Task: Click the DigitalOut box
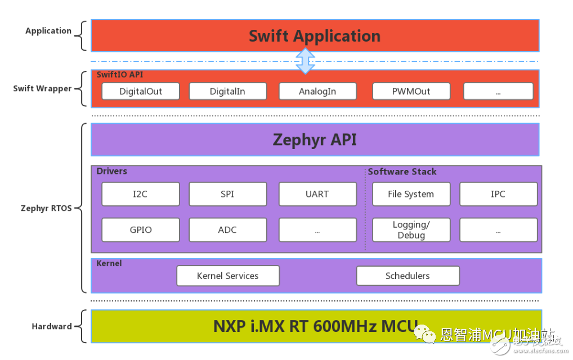(x=141, y=91)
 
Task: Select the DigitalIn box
(x=227, y=91)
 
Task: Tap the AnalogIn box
(x=317, y=91)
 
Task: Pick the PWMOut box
(x=411, y=91)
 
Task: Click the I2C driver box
(x=141, y=194)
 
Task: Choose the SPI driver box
(x=227, y=194)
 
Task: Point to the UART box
(x=317, y=194)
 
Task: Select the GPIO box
(x=141, y=230)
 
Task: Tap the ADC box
(x=227, y=230)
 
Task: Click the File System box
(x=411, y=194)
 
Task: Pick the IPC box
(x=498, y=194)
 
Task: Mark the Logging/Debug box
(x=411, y=230)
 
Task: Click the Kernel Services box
(x=228, y=276)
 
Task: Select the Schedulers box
(x=408, y=276)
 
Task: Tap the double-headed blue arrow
(x=305, y=61)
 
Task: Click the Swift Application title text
(x=315, y=36)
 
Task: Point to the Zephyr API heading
(x=315, y=139)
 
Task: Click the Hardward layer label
(x=52, y=326)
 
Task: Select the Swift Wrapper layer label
(x=42, y=88)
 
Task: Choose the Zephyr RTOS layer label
(x=46, y=208)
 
